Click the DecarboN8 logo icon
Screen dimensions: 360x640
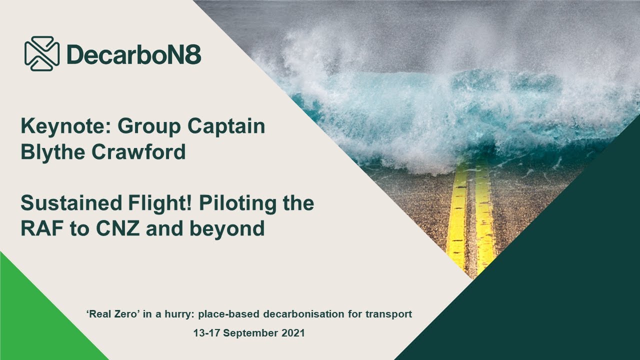pyautogui.click(x=42, y=53)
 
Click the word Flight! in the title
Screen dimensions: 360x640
pyautogui.click(x=153, y=203)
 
